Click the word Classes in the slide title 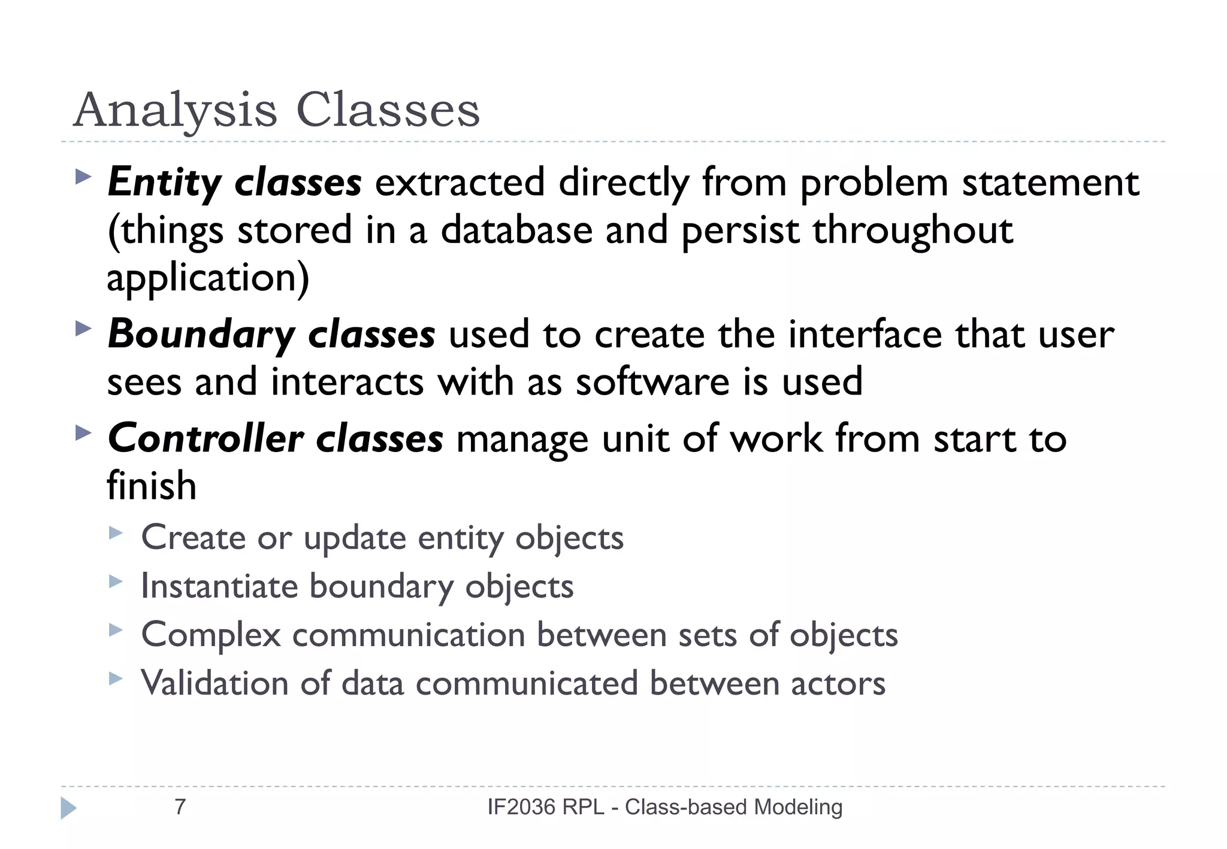click(x=388, y=111)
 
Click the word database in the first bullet click(x=516, y=231)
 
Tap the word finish click(x=152, y=486)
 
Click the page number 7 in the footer click(x=180, y=807)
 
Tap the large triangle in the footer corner click(x=69, y=808)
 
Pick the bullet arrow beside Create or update click(x=116, y=532)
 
